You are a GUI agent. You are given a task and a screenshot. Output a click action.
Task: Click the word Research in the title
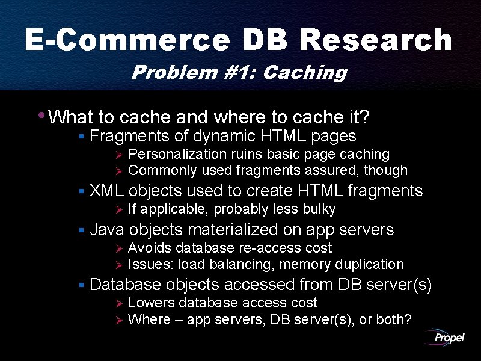pyautogui.click(x=375, y=41)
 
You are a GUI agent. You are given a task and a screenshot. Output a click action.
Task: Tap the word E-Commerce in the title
pyautogui.click(x=127, y=41)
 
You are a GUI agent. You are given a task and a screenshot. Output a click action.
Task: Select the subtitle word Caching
pyautogui.click(x=305, y=73)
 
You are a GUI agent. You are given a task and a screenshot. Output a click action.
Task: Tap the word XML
pyautogui.click(x=106, y=191)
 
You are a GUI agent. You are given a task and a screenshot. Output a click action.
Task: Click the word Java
pyautogui.click(x=107, y=229)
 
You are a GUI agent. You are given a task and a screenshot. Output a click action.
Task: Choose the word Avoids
pyautogui.click(x=149, y=248)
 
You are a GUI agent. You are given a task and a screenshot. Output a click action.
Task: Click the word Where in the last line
pyautogui.click(x=149, y=319)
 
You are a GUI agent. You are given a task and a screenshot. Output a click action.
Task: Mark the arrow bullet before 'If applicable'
pyautogui.click(x=118, y=210)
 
